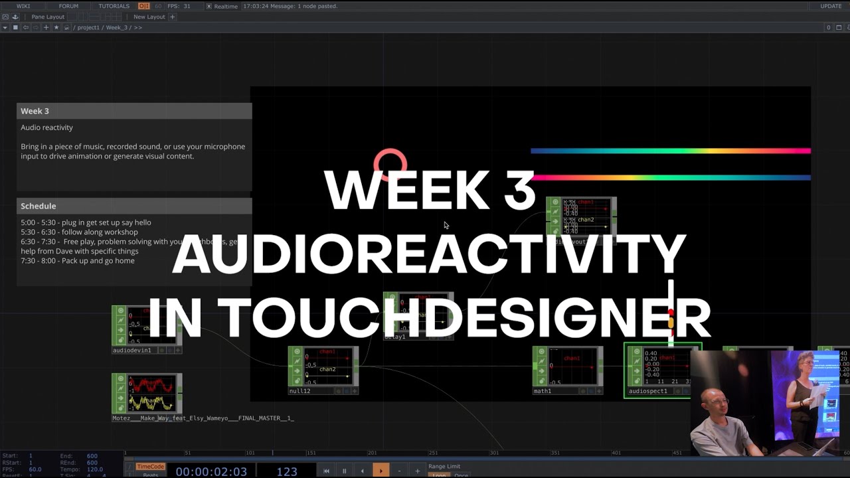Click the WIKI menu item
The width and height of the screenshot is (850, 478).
pyautogui.click(x=23, y=6)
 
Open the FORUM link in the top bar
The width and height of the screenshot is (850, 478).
pyautogui.click(x=68, y=6)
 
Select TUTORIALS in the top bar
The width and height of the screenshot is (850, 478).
pyautogui.click(x=114, y=6)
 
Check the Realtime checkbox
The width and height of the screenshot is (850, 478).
pyautogui.click(x=209, y=6)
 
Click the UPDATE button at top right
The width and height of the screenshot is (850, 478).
pyautogui.click(x=831, y=6)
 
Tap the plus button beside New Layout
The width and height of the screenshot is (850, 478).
pyautogui.click(x=173, y=17)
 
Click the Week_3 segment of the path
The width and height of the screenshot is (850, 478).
pyautogui.click(x=116, y=27)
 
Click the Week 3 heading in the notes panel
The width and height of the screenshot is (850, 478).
pyautogui.click(x=35, y=111)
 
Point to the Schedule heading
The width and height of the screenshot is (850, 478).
pyautogui.click(x=38, y=206)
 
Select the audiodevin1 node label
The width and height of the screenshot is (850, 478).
pyautogui.click(x=132, y=350)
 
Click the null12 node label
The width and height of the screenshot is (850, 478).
pyautogui.click(x=299, y=391)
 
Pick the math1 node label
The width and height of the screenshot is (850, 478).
pyautogui.click(x=543, y=391)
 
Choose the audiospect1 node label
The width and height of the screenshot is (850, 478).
pyautogui.click(x=648, y=391)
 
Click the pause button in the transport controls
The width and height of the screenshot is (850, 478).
pyautogui.click(x=344, y=471)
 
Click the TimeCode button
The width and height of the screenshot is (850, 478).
pyautogui.click(x=150, y=467)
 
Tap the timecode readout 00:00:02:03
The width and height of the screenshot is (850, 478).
pyautogui.click(x=211, y=471)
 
